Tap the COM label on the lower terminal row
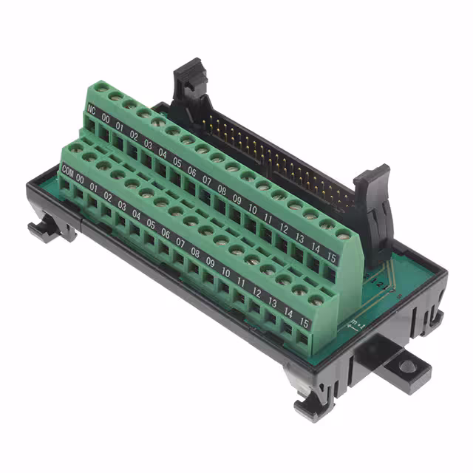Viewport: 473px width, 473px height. click(67, 171)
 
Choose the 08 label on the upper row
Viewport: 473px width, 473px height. click(221, 188)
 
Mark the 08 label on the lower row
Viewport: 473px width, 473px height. click(194, 251)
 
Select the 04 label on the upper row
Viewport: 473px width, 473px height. click(163, 152)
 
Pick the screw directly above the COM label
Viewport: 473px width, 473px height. click(75, 149)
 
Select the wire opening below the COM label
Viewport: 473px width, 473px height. click(67, 187)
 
